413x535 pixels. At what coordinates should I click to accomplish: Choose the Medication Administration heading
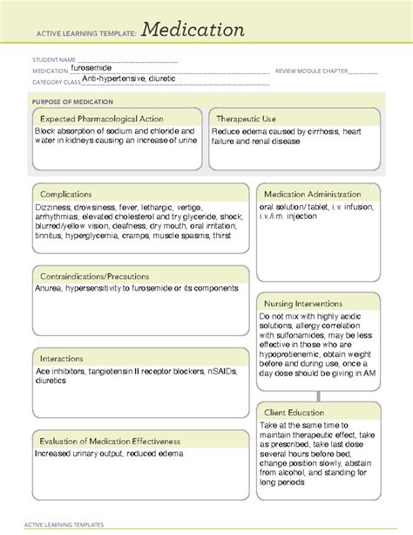pyautogui.click(x=318, y=193)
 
